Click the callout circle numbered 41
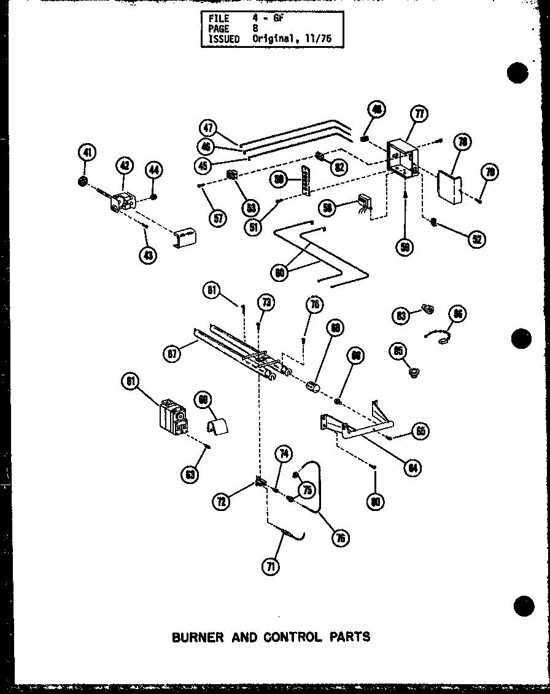pyautogui.click(x=87, y=152)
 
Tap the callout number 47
pyautogui.click(x=208, y=128)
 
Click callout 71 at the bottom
pyautogui.click(x=269, y=566)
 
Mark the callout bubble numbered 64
pyautogui.click(x=414, y=468)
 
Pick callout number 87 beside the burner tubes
pyautogui.click(x=172, y=354)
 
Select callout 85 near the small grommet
pyautogui.click(x=398, y=351)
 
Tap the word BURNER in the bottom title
pyautogui.click(x=198, y=637)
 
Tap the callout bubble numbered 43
pyautogui.click(x=147, y=255)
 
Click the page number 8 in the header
pyautogui.click(x=256, y=29)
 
